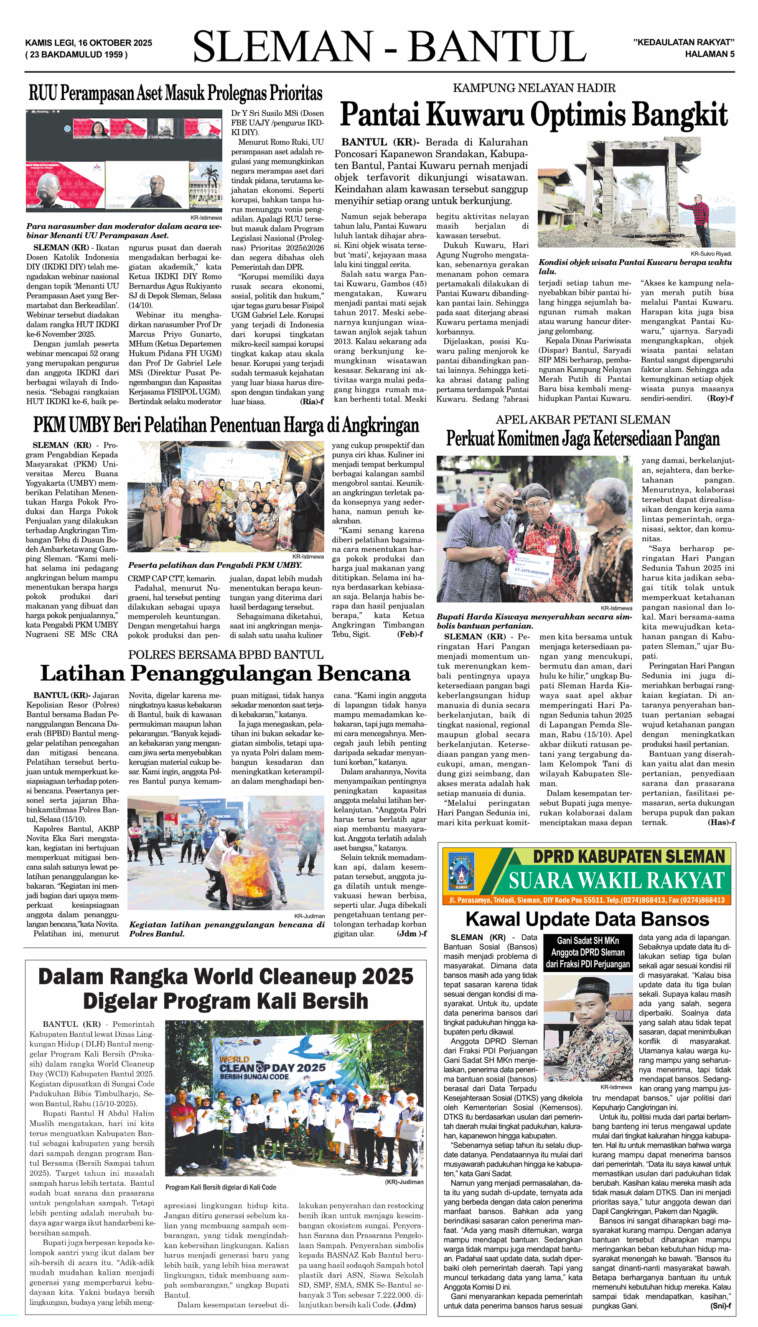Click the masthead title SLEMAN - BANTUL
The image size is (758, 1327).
tap(389, 47)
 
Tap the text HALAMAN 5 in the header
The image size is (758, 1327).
tap(709, 54)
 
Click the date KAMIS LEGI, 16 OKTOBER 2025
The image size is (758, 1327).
tap(89, 43)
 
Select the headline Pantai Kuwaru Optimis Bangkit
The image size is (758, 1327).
tap(534, 115)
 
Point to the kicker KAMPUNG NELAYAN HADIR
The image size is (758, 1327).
tap(534, 88)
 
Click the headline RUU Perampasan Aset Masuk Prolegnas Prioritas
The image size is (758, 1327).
tap(176, 94)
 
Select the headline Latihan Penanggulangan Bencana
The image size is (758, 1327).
tap(225, 674)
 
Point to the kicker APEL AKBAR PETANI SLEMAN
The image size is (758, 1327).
tap(582, 420)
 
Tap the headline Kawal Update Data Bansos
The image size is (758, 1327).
tap(587, 919)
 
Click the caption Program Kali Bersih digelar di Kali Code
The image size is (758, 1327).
tap(220, 1187)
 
